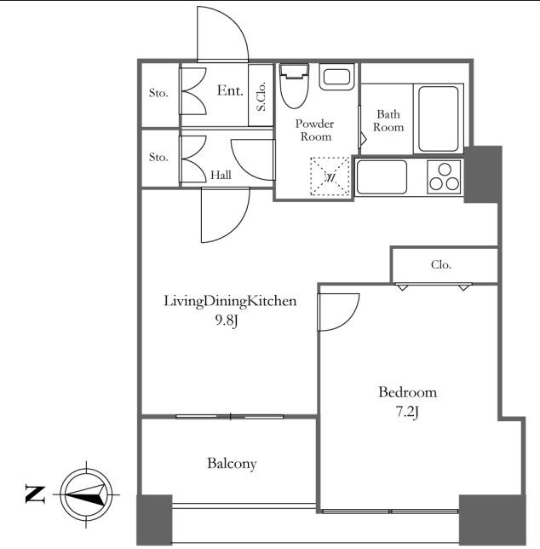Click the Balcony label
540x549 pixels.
(232, 464)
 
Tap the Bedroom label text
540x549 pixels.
(407, 392)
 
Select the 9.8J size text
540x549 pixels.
(227, 321)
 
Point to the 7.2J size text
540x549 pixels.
(407, 413)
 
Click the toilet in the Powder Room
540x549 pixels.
(295, 85)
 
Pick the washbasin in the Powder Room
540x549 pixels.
(336, 77)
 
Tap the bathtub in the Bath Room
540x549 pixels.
(439, 119)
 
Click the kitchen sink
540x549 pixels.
(382, 176)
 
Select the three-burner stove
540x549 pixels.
(444, 177)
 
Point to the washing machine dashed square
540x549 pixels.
(330, 176)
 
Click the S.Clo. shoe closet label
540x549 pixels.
(261, 96)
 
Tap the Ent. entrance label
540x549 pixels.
(230, 90)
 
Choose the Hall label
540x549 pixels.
(221, 175)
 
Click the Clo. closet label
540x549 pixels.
(441, 264)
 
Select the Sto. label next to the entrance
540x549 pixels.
(158, 93)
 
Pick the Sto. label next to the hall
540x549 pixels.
(158, 157)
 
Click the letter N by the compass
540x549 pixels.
(35, 494)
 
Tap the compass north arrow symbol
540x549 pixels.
(86, 494)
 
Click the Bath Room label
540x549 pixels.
(388, 120)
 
